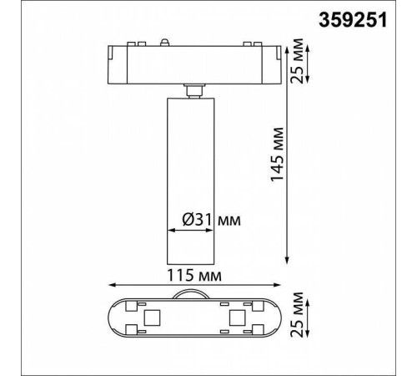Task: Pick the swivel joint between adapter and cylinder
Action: [x=193, y=89]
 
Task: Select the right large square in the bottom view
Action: [x=237, y=318]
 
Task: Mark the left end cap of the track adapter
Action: [x=114, y=64]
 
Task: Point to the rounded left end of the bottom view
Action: [x=114, y=318]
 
